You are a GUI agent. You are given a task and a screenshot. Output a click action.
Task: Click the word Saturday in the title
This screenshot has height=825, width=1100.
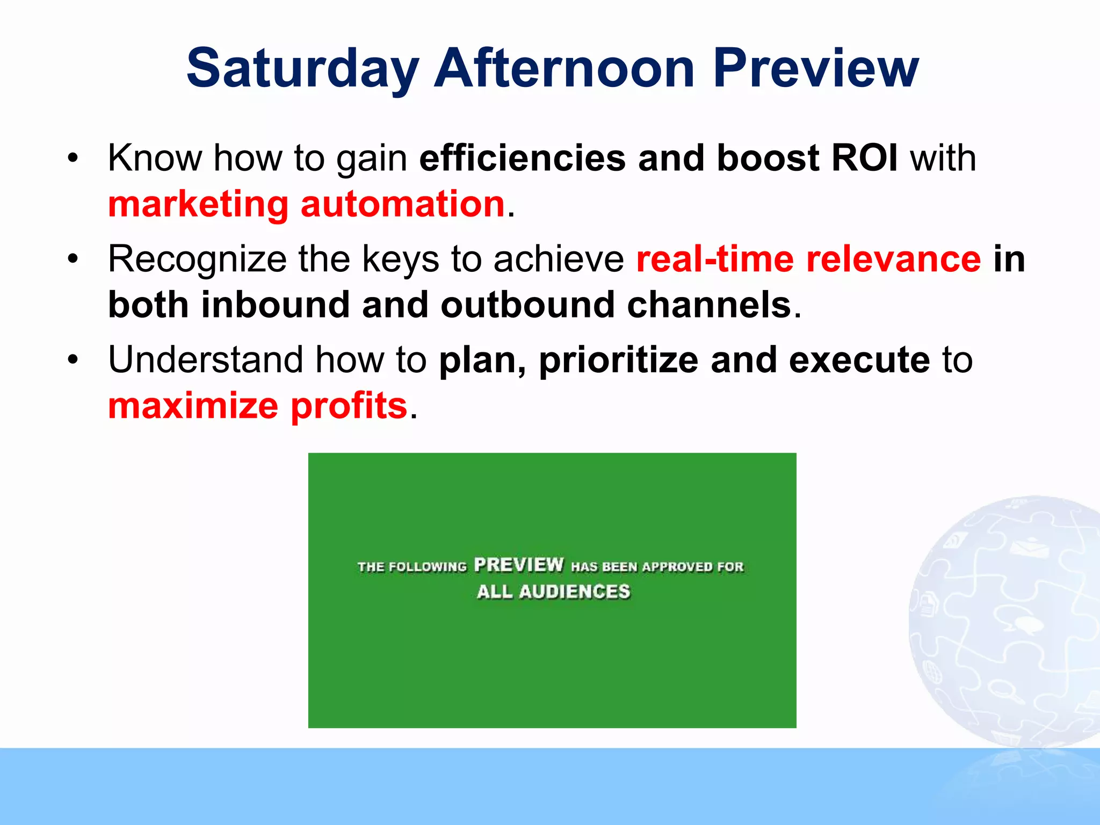(302, 69)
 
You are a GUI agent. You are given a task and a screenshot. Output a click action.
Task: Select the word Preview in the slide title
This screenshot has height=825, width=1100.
(815, 69)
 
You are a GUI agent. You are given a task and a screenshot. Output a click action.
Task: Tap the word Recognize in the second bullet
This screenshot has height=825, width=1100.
(197, 260)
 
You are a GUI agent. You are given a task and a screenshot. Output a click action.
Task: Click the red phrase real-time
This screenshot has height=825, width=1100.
(714, 259)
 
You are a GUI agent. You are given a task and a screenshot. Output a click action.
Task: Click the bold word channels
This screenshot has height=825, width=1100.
(709, 305)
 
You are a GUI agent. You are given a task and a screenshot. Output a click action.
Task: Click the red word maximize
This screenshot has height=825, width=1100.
(193, 406)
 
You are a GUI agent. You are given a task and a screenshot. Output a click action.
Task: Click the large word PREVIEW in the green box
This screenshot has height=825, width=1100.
(519, 565)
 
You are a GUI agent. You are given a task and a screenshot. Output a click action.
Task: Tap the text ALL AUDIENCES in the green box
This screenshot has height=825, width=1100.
(553, 591)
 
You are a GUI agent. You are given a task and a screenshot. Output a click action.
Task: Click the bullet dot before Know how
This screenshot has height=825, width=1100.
(73, 158)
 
